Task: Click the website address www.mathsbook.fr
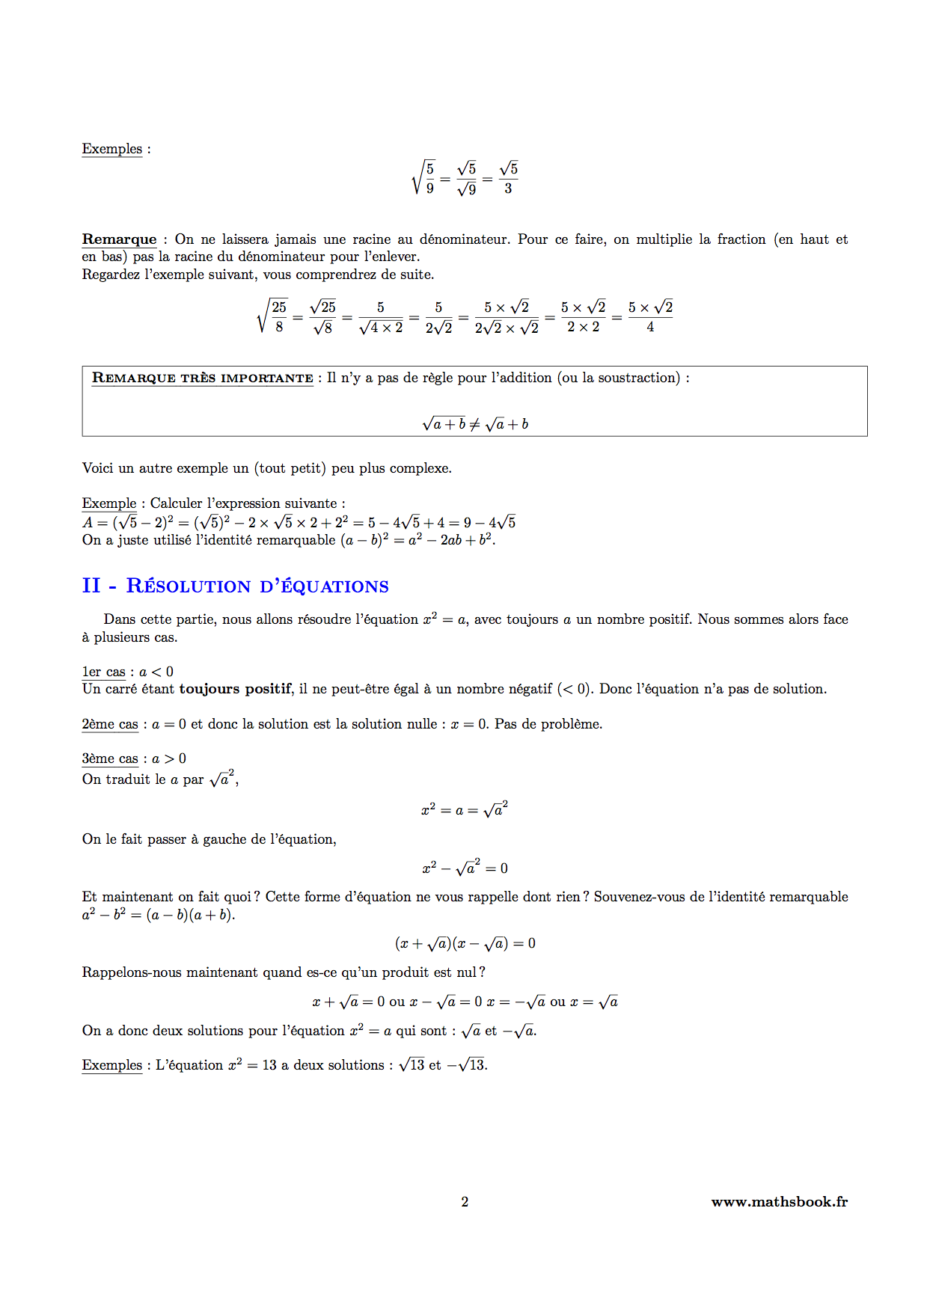[x=779, y=1202]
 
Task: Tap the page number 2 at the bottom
[x=465, y=1202]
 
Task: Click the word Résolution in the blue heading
[x=188, y=586]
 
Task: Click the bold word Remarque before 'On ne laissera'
[x=119, y=239]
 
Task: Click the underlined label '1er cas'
[x=103, y=672]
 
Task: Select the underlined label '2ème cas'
[x=110, y=724]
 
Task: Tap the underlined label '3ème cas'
[x=110, y=758]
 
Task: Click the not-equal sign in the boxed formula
[x=474, y=425]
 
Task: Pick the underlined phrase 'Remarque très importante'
[x=202, y=378]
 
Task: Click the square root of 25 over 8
[x=273, y=316]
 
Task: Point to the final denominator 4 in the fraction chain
[x=650, y=328]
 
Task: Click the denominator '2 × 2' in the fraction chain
[x=583, y=328]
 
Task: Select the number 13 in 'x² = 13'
[x=269, y=1065]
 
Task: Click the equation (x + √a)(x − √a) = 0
[x=465, y=944]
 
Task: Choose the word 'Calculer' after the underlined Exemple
[x=176, y=503]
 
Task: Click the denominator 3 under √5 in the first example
[x=508, y=188]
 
